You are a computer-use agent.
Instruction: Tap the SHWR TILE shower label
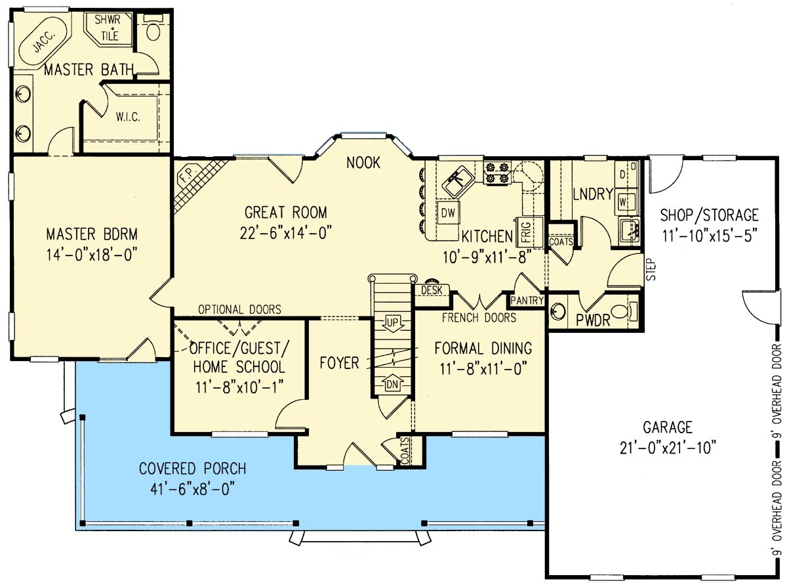pyautogui.click(x=108, y=28)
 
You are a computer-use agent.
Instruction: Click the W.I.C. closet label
pyautogui.click(x=128, y=117)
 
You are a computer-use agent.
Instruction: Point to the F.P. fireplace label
pyautogui.click(x=187, y=176)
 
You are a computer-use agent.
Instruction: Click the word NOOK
pyautogui.click(x=363, y=163)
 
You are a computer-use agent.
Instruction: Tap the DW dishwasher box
pyautogui.click(x=448, y=213)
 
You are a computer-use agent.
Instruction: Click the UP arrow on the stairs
pyautogui.click(x=392, y=324)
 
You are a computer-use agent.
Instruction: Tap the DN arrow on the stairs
pyautogui.click(x=392, y=383)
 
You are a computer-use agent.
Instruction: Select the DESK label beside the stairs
pyautogui.click(x=432, y=290)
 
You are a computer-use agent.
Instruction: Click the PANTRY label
pyautogui.click(x=527, y=301)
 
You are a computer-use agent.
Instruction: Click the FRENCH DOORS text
pyautogui.click(x=479, y=318)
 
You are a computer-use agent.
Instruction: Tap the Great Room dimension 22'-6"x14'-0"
pyautogui.click(x=286, y=234)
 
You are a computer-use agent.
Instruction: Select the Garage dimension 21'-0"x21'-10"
pyautogui.click(x=668, y=448)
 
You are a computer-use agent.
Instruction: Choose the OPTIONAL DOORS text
pyautogui.click(x=239, y=309)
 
